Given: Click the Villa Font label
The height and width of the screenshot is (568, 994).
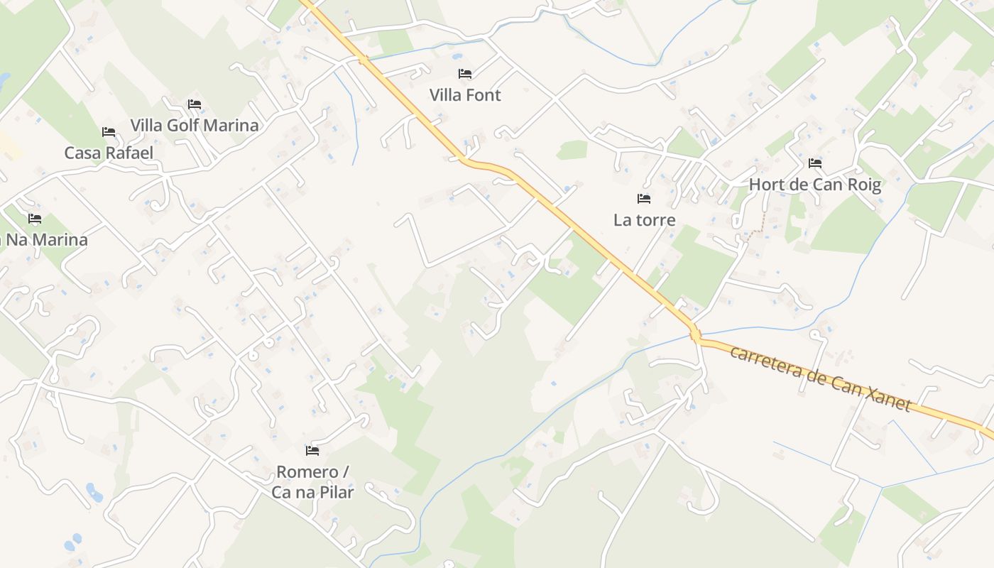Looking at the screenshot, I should coord(465,95).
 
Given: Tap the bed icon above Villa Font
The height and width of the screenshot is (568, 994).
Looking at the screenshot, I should coord(465,73).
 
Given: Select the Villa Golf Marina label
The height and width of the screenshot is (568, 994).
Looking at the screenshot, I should coord(194,126).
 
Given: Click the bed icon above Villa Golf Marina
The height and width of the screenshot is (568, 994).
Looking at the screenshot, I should coord(194,104).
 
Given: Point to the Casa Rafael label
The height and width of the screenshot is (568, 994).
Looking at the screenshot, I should coord(109,153).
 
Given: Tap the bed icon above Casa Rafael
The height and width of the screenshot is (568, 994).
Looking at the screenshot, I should coord(109,132).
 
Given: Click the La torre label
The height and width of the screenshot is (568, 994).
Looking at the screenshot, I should coord(644,220).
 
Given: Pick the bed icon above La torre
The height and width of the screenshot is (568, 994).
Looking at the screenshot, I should coord(644,199).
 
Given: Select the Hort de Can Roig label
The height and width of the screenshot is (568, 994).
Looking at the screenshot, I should coord(815,185).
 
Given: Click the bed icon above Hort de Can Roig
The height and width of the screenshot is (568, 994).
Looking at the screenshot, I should coord(815,163).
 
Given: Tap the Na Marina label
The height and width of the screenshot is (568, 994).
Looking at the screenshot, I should coord(46,240).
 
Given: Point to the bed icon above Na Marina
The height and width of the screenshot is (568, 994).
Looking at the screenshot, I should coord(34,219).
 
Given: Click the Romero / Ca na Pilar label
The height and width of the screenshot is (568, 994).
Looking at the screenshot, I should coord(312,481).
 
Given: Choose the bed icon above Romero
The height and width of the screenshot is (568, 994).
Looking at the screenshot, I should coord(312,451).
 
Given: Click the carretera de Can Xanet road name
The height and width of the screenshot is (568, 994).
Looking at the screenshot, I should coord(820,378).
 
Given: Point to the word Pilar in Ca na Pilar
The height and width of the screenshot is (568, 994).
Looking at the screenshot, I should coord(335,491).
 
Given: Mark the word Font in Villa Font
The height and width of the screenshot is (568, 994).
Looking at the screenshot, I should coord(484,95).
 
